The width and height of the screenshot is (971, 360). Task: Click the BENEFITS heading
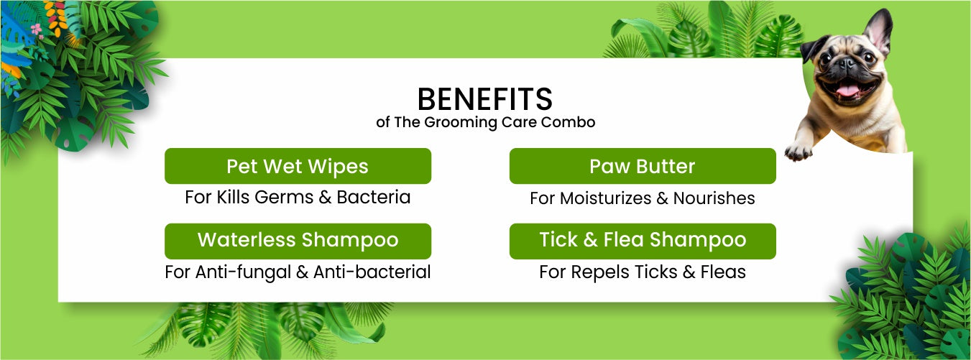click(485, 99)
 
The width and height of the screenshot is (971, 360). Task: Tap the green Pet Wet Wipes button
click(298, 166)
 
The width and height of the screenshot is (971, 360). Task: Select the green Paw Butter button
click(643, 166)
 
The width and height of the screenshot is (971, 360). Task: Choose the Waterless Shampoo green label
click(298, 241)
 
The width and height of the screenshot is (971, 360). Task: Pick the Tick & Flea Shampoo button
click(643, 241)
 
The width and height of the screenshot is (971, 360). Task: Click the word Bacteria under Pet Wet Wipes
click(374, 197)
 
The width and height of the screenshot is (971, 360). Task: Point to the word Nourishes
click(714, 198)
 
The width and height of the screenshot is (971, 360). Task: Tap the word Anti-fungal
click(243, 272)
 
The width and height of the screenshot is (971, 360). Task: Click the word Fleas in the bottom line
click(723, 272)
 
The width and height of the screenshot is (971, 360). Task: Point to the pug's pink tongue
click(847, 91)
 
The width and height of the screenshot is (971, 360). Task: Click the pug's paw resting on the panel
click(798, 151)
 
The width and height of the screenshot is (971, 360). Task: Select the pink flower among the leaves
click(37, 29)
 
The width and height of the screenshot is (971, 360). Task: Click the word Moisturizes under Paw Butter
click(606, 198)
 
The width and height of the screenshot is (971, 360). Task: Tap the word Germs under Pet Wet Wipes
click(284, 197)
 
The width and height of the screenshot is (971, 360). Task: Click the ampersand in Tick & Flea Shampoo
click(590, 239)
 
